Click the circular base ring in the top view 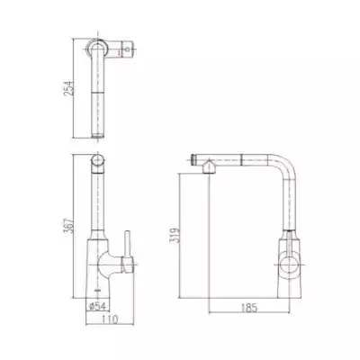tap(97, 49)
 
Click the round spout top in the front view tap(97, 163)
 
